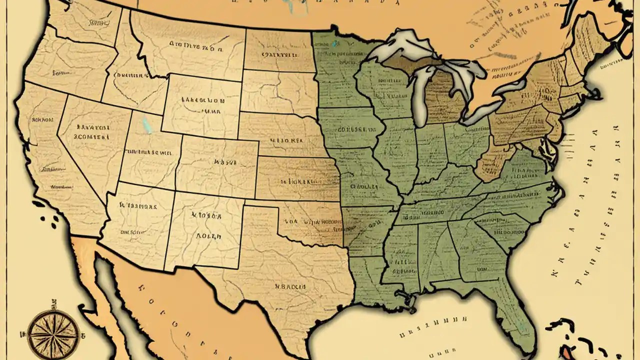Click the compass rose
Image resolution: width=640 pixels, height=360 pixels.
52,331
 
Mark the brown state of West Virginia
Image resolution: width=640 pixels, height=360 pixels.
492,160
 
